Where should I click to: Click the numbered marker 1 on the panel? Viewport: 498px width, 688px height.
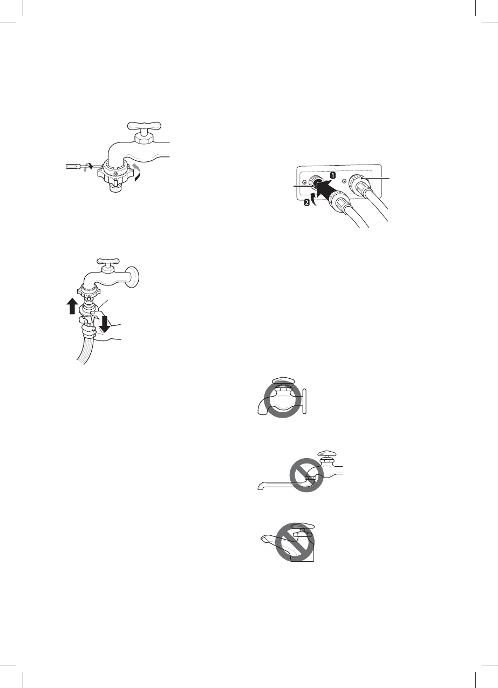(x=333, y=176)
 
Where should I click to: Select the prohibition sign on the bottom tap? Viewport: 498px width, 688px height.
(x=295, y=542)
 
